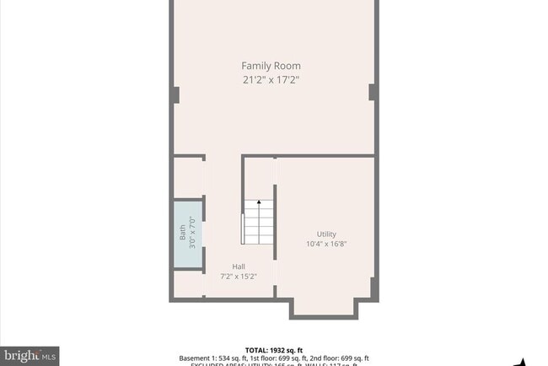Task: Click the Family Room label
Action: pos(271,66)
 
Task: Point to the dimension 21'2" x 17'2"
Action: pos(271,80)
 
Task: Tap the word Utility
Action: pos(327,234)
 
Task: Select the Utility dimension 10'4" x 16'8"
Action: pos(327,245)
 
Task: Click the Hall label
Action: pos(239,266)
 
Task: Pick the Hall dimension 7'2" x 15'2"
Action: pos(239,276)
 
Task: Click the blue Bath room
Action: pos(188,234)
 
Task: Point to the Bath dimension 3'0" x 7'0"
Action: pos(192,234)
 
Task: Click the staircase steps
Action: pos(260,224)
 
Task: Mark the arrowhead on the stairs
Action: pos(259,202)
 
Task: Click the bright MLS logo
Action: pos(30,356)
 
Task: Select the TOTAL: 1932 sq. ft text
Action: pos(274,349)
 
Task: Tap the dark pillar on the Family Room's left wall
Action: pos(175,94)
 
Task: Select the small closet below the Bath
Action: pos(188,284)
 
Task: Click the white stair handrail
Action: pos(244,228)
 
